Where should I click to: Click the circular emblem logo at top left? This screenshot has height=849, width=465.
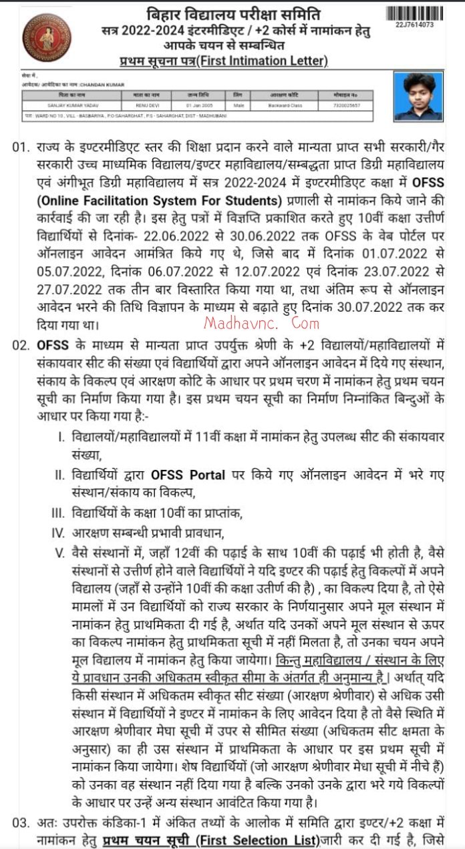pyautogui.click(x=46, y=38)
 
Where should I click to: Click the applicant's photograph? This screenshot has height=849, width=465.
pyautogui.click(x=418, y=96)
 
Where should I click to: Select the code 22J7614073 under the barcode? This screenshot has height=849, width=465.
pyautogui.click(x=414, y=25)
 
